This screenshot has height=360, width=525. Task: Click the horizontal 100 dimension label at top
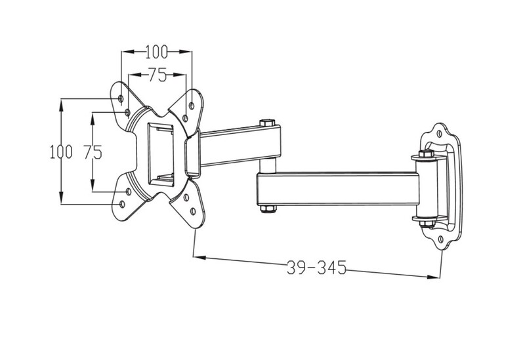[156, 52]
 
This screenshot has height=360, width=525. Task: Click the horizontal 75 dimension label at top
[157, 75]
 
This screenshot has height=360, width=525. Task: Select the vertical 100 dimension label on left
[61, 152]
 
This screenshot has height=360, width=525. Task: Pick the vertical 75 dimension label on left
[93, 152]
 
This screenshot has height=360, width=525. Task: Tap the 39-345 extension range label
[317, 268]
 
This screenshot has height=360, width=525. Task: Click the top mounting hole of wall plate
[440, 134]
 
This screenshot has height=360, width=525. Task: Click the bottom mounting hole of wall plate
[440, 239]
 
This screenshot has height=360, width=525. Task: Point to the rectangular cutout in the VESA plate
[161, 154]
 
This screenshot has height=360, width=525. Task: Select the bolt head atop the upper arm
[267, 123]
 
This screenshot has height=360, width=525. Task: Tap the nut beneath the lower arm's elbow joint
[268, 209]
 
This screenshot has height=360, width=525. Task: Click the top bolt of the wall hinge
[426, 154]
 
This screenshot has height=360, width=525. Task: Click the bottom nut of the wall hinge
[427, 224]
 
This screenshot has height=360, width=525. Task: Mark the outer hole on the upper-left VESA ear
[121, 99]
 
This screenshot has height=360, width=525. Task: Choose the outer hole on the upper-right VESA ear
[192, 106]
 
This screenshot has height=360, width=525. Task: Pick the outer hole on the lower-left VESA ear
[122, 204]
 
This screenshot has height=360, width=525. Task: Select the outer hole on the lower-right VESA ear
[193, 211]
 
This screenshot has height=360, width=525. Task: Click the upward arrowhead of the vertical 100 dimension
[61, 105]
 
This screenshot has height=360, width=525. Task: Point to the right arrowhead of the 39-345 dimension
[433, 277]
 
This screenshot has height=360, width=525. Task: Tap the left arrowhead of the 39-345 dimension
[200, 258]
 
